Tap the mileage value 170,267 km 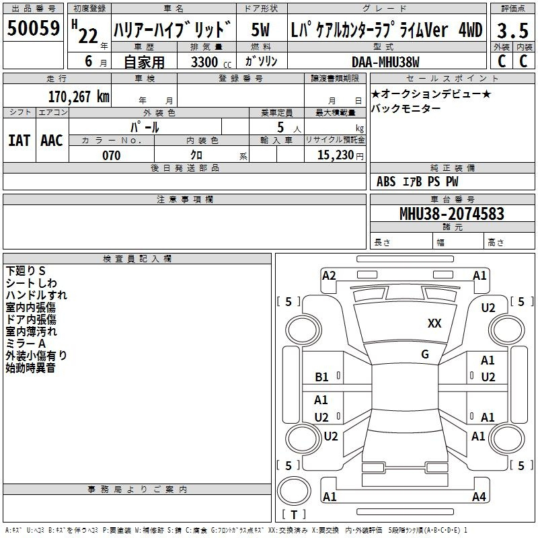[79, 96]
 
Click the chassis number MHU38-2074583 [451, 214]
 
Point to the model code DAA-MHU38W [385, 62]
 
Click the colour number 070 [111, 155]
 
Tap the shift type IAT [18, 140]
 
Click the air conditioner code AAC [51, 140]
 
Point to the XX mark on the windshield [434, 323]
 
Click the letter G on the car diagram [425, 354]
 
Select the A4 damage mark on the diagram [478, 497]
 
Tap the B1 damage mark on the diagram [321, 377]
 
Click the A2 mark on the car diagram [329, 275]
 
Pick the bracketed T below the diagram [293, 515]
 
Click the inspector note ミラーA [26, 344]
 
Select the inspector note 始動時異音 [30, 368]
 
